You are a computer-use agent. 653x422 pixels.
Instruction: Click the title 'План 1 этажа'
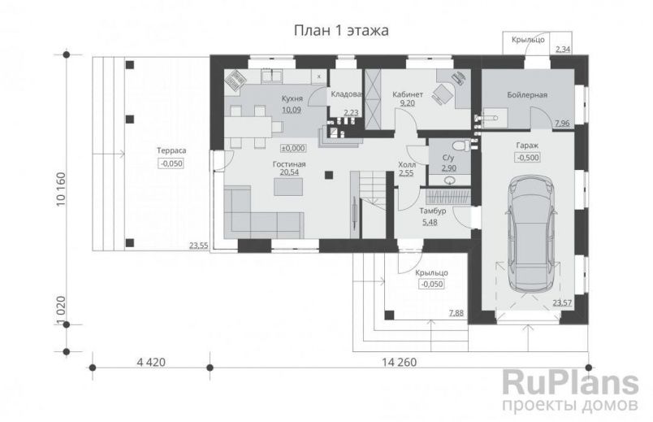340,31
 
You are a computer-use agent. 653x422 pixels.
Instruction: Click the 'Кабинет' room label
407,94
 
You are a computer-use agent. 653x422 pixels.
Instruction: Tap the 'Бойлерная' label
527,95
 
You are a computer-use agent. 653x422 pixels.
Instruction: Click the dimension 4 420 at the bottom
150,363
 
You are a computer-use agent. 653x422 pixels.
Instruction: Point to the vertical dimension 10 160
62,190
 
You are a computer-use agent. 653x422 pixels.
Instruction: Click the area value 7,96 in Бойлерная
561,123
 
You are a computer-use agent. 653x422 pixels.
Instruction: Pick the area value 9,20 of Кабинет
408,104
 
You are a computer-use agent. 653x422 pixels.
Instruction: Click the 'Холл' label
407,163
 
